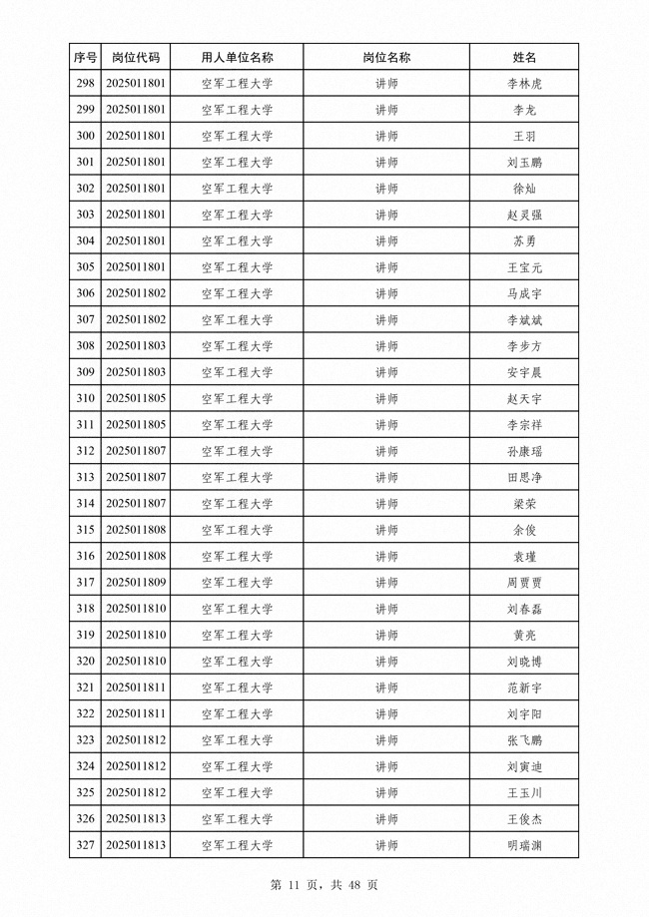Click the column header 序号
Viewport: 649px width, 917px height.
(85, 58)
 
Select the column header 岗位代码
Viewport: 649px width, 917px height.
(135, 58)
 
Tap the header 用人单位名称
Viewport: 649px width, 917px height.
(237, 58)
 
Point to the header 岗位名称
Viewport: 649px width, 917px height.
(386, 58)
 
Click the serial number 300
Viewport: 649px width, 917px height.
(85, 137)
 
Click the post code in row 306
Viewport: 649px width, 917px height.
(135, 293)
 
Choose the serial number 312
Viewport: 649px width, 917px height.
(85, 451)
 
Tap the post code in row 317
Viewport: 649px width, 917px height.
(135, 583)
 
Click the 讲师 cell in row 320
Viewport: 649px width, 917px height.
(386, 662)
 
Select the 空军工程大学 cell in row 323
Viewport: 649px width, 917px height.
(237, 740)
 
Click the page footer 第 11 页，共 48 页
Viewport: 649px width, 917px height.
(324, 885)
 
